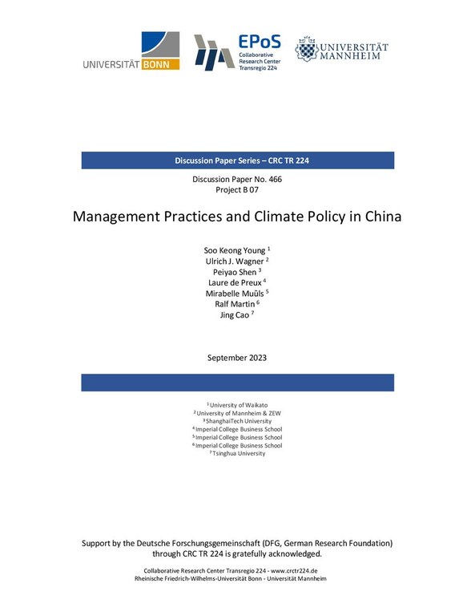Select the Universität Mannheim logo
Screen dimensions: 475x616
(341, 50)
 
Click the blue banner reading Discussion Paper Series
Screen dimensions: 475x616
(237, 160)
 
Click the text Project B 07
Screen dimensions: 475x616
(237, 191)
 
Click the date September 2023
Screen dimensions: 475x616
(237, 357)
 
